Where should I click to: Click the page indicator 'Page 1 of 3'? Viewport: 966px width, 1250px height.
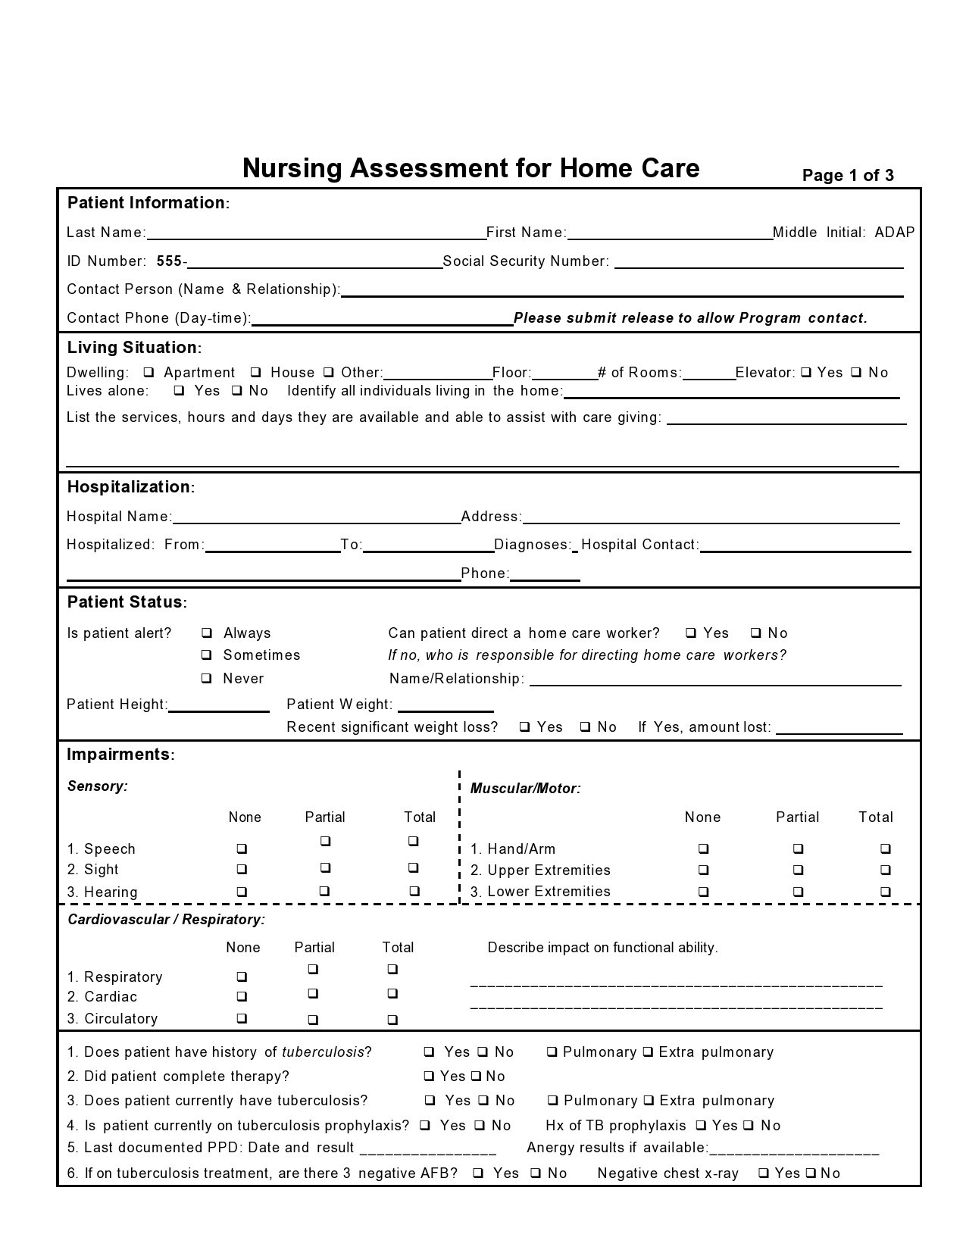[847, 176]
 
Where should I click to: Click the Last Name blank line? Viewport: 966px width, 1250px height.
[316, 233]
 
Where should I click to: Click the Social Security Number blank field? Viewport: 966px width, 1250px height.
[758, 262]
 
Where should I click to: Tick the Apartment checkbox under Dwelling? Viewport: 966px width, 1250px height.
[149, 372]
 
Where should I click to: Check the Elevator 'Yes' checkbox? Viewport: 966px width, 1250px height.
[806, 372]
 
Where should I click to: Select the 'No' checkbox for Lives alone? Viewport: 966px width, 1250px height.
[237, 391]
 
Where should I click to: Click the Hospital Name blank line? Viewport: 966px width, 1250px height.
[316, 517]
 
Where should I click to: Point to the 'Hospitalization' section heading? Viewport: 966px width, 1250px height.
[130, 487]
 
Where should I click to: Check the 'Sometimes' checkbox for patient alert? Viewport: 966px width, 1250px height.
[206, 655]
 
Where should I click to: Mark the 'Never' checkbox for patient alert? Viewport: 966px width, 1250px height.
[206, 678]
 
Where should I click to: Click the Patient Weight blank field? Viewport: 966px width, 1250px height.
[445, 706]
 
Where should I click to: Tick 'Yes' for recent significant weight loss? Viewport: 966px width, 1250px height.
[524, 727]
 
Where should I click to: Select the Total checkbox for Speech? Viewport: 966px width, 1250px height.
[413, 841]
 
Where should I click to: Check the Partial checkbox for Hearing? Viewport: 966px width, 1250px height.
[324, 892]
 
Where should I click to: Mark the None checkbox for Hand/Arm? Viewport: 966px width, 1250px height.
[703, 848]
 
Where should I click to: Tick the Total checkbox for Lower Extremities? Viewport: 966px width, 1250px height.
[885, 892]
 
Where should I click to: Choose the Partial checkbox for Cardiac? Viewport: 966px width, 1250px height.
[313, 993]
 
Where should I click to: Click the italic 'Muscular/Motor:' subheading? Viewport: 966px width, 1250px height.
[525, 789]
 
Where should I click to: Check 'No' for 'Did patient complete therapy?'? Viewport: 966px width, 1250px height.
[476, 1076]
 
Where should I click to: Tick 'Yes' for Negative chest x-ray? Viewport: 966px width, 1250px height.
[764, 1173]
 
